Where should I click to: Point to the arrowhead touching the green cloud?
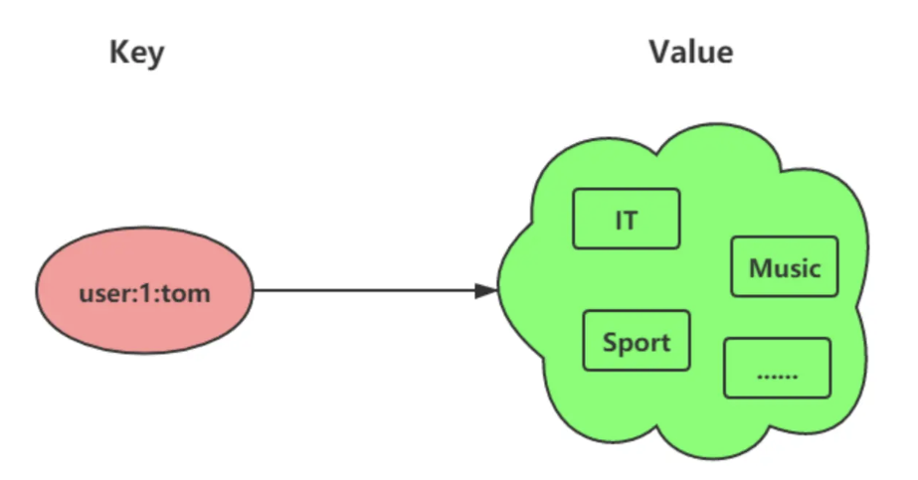pos(486,291)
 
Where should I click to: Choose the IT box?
pos(626,219)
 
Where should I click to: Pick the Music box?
pos(784,267)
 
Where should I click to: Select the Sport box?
pos(637,341)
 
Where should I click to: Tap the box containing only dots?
pos(777,369)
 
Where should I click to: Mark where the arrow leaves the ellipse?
pos(255,291)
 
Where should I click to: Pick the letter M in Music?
pos(759,268)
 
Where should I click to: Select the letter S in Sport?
pos(609,343)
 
